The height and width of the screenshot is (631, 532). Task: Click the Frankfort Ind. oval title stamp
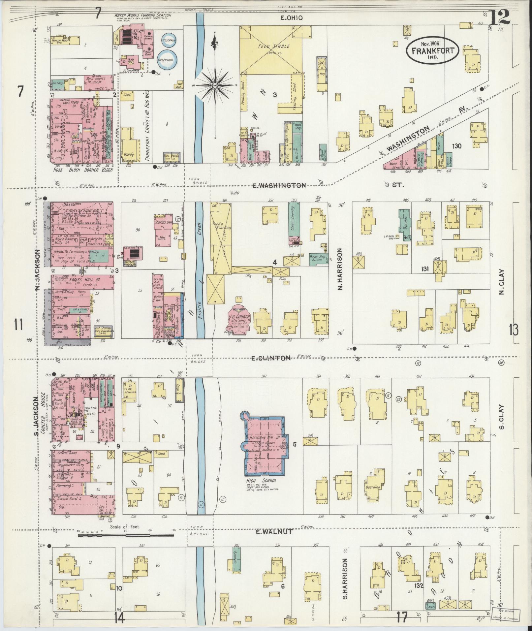(x=432, y=50)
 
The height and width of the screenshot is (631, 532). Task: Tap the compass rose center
(x=215, y=85)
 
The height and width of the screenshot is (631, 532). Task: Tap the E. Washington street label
(x=279, y=185)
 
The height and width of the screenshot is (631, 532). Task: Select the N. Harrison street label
(x=340, y=269)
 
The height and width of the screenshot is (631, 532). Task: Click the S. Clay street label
(x=502, y=417)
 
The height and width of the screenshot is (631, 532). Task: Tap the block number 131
(x=424, y=269)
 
